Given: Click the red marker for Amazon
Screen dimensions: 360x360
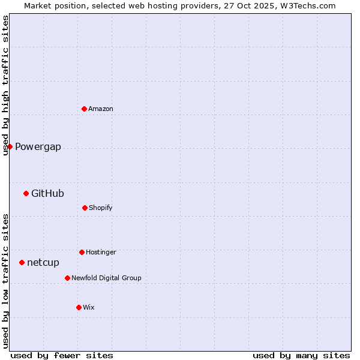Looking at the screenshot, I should (84, 109).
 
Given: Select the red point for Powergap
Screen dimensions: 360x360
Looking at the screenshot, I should (10, 146).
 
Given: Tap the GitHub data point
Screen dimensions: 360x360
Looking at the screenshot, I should (26, 193).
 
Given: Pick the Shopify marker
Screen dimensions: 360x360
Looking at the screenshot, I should (85, 208).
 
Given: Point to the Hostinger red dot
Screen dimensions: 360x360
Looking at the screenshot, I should (82, 252).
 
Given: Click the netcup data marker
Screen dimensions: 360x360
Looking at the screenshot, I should (22, 262).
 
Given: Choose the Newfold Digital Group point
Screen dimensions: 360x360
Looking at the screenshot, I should (67, 278).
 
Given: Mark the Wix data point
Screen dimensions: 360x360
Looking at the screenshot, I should (79, 307).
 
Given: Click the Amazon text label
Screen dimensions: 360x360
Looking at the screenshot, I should (101, 109).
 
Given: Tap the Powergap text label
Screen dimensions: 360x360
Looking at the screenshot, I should (38, 147).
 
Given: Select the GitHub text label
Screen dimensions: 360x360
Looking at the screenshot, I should (47, 193).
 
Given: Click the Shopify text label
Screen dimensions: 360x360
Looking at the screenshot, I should (101, 208).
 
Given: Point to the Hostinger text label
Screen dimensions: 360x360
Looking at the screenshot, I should (101, 252).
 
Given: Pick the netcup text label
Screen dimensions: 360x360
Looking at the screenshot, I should (43, 263).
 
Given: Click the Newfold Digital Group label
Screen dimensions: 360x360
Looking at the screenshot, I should (106, 278).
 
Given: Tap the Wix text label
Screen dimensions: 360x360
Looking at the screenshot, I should (89, 307).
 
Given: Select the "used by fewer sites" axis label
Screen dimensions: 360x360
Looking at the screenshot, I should (62, 355).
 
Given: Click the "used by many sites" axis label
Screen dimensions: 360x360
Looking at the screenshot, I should (301, 355).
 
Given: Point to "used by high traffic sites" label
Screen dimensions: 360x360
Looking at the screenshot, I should (6, 85).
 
